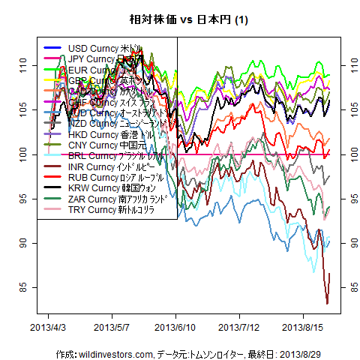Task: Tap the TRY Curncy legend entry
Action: [x=106, y=209]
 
